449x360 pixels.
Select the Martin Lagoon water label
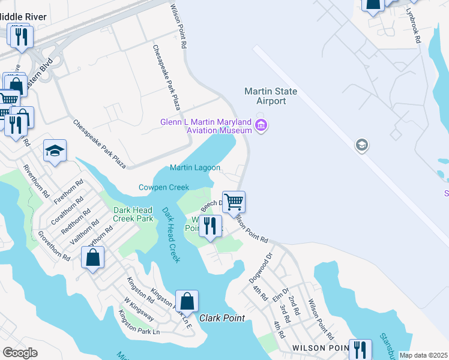point(194,168)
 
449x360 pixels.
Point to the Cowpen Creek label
point(164,187)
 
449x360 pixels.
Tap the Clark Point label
point(222,318)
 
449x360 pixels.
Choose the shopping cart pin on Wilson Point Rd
point(234,201)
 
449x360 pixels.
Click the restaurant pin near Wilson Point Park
point(209,226)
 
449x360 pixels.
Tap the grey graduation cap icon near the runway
point(361,145)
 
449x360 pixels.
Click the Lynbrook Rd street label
point(412,25)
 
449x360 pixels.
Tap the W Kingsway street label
point(139,308)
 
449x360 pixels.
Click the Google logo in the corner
point(20,353)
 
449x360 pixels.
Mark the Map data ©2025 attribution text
point(423,355)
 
